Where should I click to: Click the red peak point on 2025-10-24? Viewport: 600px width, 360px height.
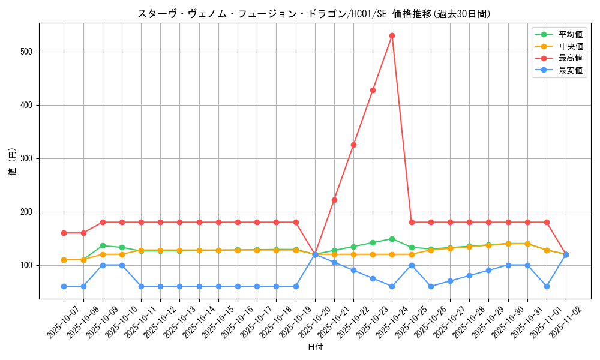392,35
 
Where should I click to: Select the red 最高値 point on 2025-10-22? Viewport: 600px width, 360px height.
353,145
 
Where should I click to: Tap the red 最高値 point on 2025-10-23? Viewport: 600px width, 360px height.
373,90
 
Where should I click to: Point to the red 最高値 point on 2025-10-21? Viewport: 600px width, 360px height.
334,200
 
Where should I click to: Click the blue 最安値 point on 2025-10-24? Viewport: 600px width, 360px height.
392,286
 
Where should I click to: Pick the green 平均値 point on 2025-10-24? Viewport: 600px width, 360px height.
392,239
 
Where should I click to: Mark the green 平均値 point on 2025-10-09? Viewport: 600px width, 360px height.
103,245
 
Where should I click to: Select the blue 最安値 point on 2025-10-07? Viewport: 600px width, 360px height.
64,286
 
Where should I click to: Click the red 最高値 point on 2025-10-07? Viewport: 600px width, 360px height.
64,233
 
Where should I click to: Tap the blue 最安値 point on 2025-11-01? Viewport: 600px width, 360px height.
547,286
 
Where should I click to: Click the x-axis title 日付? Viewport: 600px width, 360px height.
315,347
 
